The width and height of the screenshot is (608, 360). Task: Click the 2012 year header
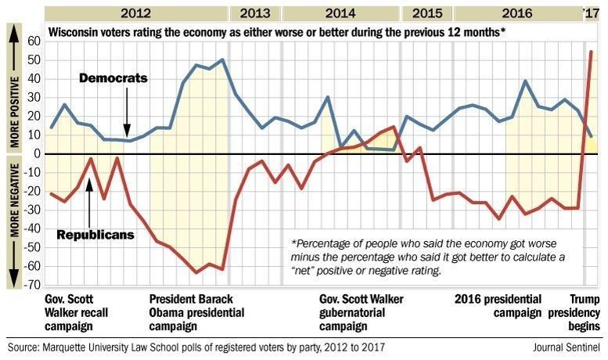pyautogui.click(x=137, y=13)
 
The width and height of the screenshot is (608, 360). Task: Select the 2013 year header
pyautogui.click(x=255, y=13)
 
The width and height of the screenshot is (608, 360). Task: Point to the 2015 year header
pyautogui.click(x=426, y=13)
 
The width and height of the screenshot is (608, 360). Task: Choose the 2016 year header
pyautogui.click(x=518, y=13)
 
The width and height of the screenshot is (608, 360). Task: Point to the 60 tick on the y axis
pyautogui.click(x=34, y=41)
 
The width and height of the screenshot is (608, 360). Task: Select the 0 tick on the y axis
pyautogui.click(x=37, y=154)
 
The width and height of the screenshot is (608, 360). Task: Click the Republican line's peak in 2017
pyautogui.click(x=591, y=52)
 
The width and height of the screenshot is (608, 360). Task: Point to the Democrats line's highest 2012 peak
pyautogui.click(x=223, y=59)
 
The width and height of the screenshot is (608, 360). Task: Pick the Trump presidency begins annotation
pyautogui.click(x=584, y=312)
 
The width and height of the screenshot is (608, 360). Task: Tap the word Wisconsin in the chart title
pyautogui.click(x=75, y=33)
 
